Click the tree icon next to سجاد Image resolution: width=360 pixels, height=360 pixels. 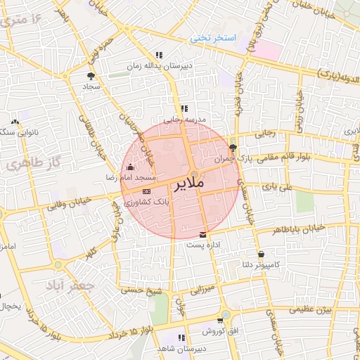click(x=91, y=75)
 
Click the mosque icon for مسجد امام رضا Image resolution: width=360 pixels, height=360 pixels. click(x=129, y=167)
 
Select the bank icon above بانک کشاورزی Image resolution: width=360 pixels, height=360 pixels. click(x=146, y=191)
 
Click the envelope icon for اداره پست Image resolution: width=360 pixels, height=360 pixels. click(x=203, y=234)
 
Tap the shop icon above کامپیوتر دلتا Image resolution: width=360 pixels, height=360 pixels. click(x=262, y=254)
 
